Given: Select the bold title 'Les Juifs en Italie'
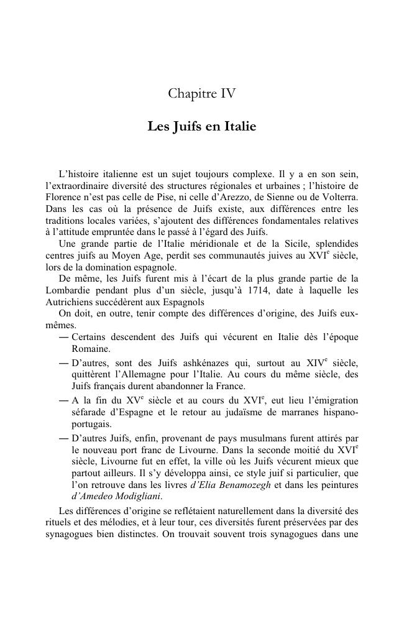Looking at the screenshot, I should (201, 126).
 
